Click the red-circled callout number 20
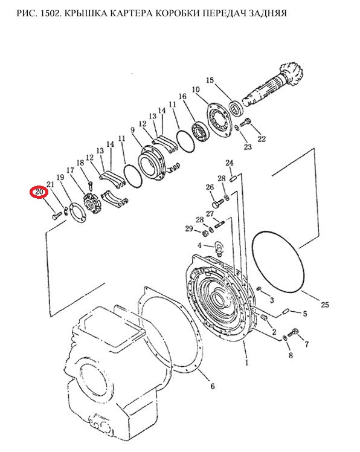click(39, 192)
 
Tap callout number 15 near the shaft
click(210, 80)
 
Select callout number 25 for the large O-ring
click(325, 305)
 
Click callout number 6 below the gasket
click(213, 386)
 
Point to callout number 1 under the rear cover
click(246, 363)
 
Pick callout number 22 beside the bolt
click(262, 139)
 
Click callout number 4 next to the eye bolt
click(199, 245)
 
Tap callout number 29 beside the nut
click(189, 229)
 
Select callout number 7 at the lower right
click(307, 344)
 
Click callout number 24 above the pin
click(229, 163)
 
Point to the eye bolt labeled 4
click(218, 248)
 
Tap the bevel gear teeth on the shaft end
click(292, 74)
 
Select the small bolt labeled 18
click(90, 185)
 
